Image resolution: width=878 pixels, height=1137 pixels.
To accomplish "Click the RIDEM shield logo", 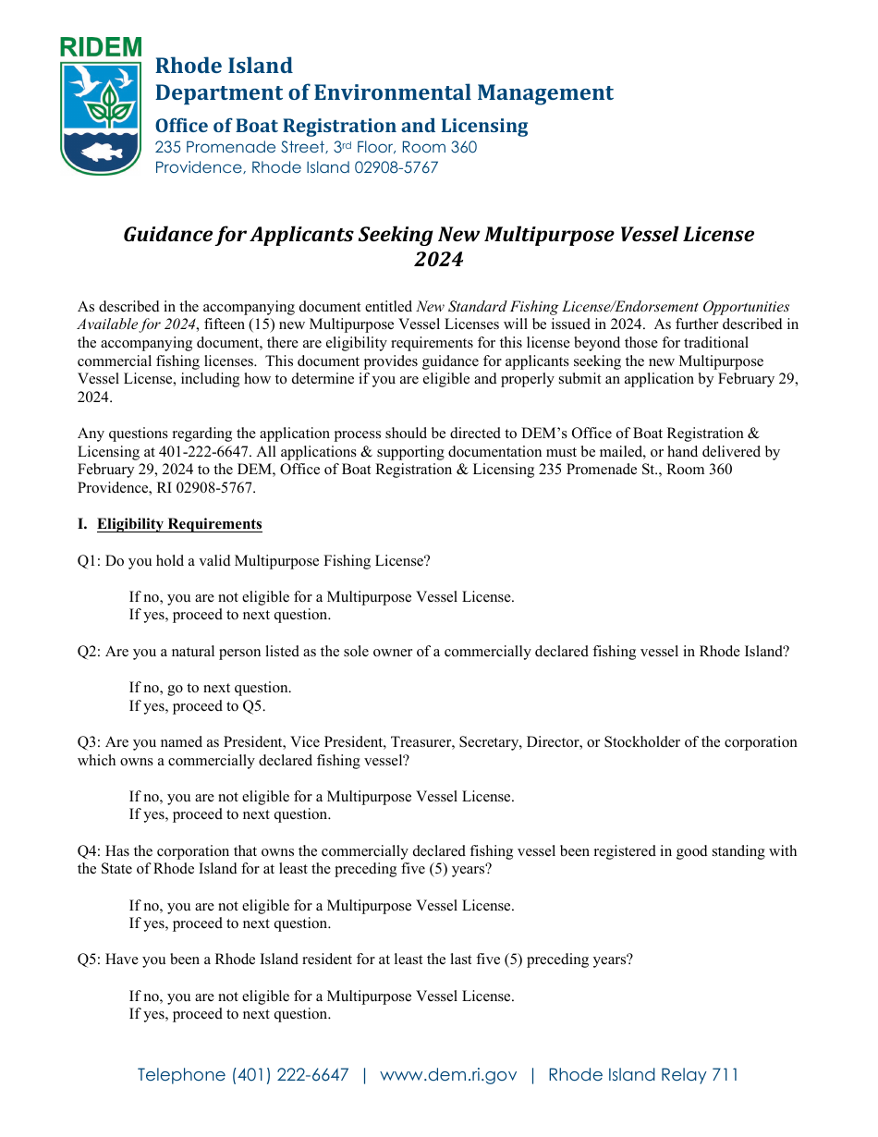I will [101, 116].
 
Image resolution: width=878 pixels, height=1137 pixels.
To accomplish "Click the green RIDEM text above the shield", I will [101, 47].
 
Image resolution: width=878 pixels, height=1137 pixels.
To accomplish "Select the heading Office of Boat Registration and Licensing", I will [341, 126].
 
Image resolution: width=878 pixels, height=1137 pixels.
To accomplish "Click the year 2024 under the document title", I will [438, 260].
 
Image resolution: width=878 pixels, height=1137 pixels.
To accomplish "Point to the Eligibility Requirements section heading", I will [179, 524].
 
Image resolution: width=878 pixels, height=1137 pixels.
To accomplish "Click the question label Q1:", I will [90, 560].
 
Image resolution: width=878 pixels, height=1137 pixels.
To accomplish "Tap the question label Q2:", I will [90, 651].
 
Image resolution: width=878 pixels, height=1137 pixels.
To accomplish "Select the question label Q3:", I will [90, 741].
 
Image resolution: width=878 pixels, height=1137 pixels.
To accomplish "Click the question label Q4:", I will [90, 850].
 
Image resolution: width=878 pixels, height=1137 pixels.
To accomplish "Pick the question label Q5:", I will [90, 960].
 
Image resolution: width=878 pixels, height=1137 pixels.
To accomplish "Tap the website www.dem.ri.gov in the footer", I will [448, 1075].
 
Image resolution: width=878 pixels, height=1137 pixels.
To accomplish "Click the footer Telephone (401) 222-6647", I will [243, 1075].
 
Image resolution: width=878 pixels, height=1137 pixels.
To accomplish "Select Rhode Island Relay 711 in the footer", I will [643, 1075].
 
